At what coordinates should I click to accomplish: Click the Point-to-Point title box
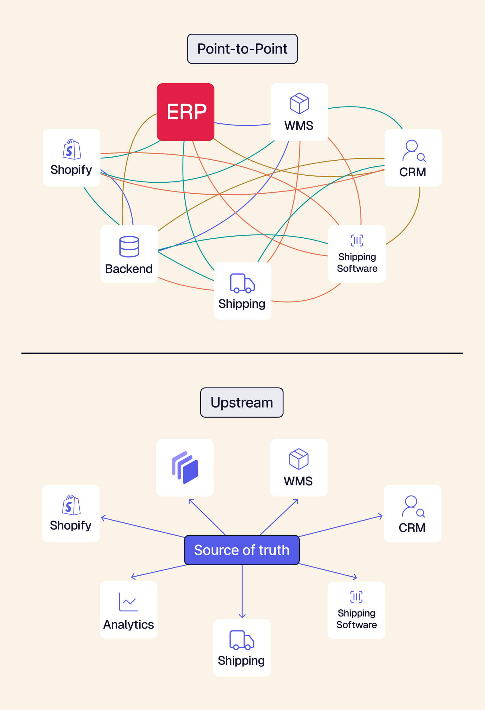[x=242, y=49]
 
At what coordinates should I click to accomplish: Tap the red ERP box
[x=186, y=112]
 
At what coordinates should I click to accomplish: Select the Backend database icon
[x=129, y=246]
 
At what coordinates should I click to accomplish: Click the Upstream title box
[x=242, y=402]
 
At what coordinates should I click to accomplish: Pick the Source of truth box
[x=242, y=550]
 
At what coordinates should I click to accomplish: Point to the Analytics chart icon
[x=128, y=602]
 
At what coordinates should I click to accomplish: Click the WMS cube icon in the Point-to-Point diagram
[x=299, y=103]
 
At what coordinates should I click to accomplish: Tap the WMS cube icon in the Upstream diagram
[x=299, y=459]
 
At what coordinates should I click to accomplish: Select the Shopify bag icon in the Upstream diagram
[x=71, y=505]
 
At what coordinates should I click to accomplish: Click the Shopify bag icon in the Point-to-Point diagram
[x=72, y=149]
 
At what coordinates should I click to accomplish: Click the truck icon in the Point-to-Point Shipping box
[x=242, y=283]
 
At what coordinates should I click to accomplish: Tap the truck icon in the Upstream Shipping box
[x=242, y=640]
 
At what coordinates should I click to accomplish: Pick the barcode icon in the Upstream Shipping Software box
[x=356, y=596]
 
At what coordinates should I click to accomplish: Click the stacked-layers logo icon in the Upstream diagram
[x=185, y=467]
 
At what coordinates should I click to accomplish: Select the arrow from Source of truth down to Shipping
[x=242, y=591]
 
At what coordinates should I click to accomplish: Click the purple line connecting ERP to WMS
[x=242, y=125]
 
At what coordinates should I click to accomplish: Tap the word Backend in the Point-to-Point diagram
[x=129, y=269]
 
